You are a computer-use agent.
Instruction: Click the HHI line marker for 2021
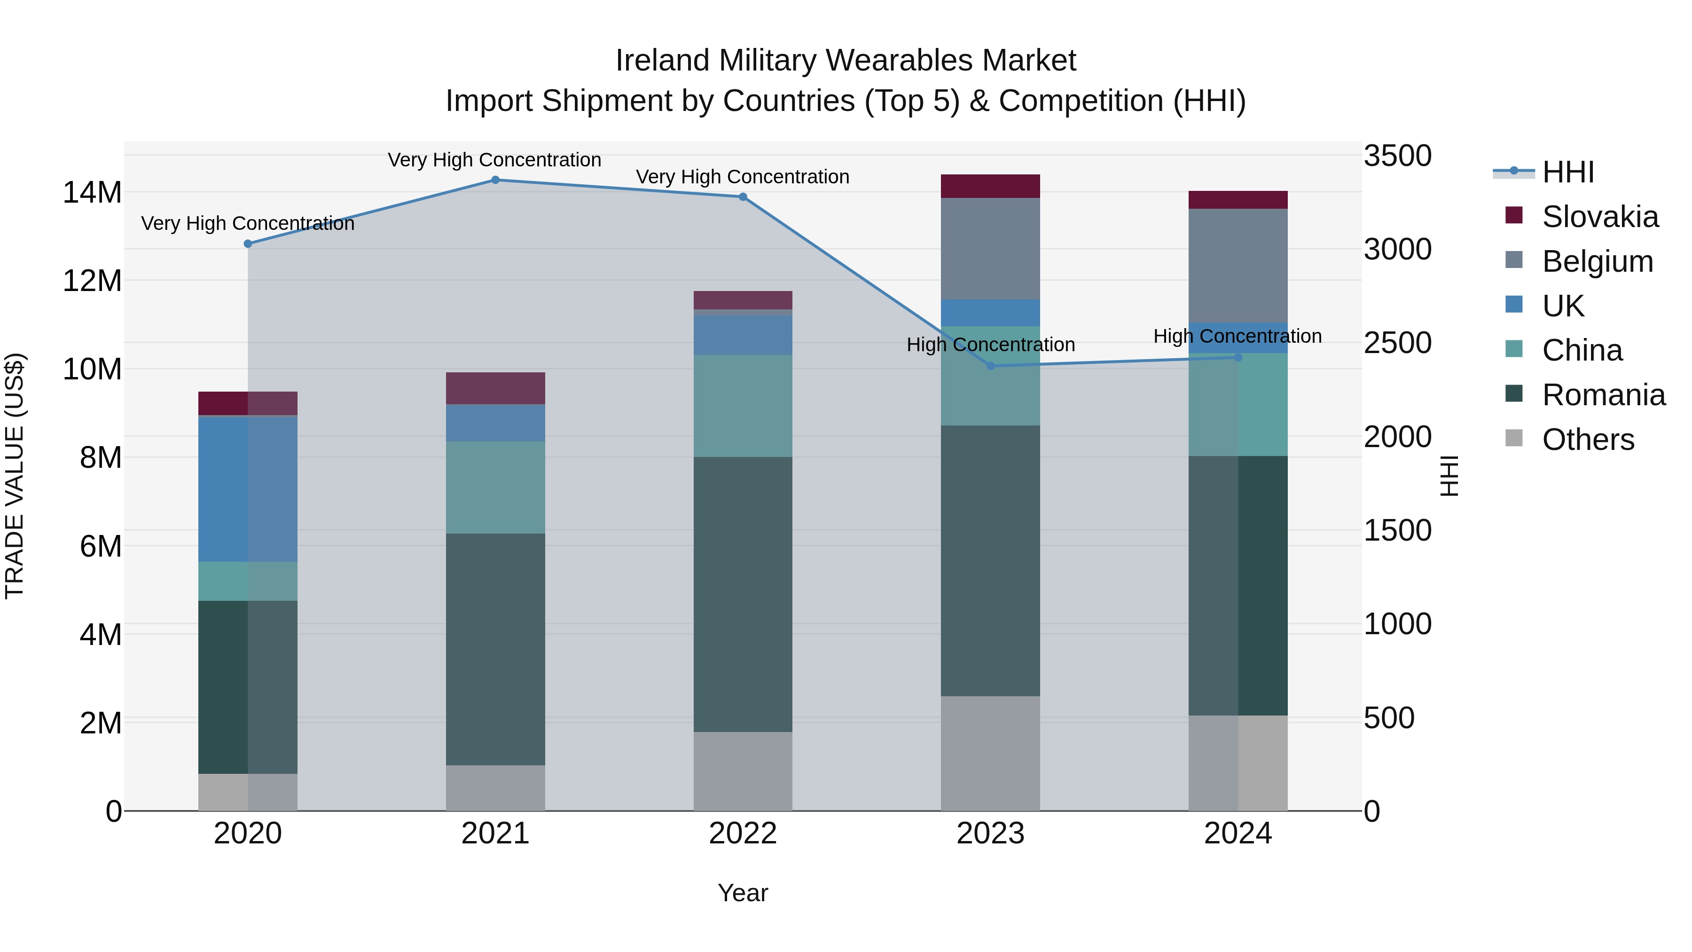click(x=495, y=180)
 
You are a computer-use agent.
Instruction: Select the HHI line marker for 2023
click(x=990, y=366)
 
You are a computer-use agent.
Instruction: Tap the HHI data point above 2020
click(x=248, y=244)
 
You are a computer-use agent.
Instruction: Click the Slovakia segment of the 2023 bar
click(x=990, y=187)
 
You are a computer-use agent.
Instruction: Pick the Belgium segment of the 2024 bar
click(x=1238, y=266)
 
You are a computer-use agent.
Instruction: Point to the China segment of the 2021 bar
click(x=495, y=487)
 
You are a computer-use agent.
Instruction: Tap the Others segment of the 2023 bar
click(x=990, y=753)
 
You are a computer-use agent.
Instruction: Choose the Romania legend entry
click(x=1603, y=395)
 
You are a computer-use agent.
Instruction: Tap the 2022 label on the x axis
click(x=743, y=834)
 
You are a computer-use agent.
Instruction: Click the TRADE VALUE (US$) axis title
click(x=15, y=476)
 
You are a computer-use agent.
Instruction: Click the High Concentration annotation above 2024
click(x=1238, y=337)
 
